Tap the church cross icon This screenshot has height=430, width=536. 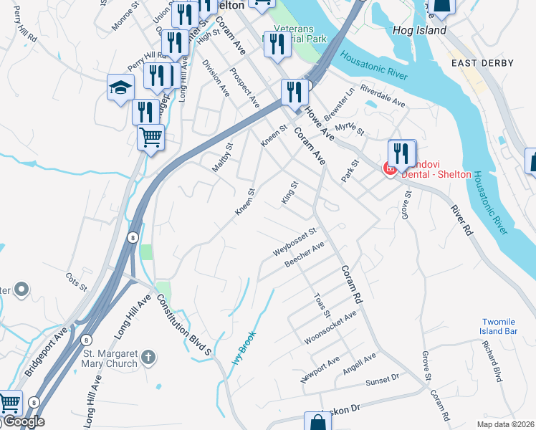click(x=148, y=356)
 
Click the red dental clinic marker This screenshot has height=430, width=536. click(x=391, y=169)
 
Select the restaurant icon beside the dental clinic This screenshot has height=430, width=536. click(x=402, y=153)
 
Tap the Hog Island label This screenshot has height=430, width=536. click(x=420, y=30)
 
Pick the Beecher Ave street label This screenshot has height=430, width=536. click(x=305, y=254)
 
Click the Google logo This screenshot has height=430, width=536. click(x=24, y=422)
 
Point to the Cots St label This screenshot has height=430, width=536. click(x=75, y=279)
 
